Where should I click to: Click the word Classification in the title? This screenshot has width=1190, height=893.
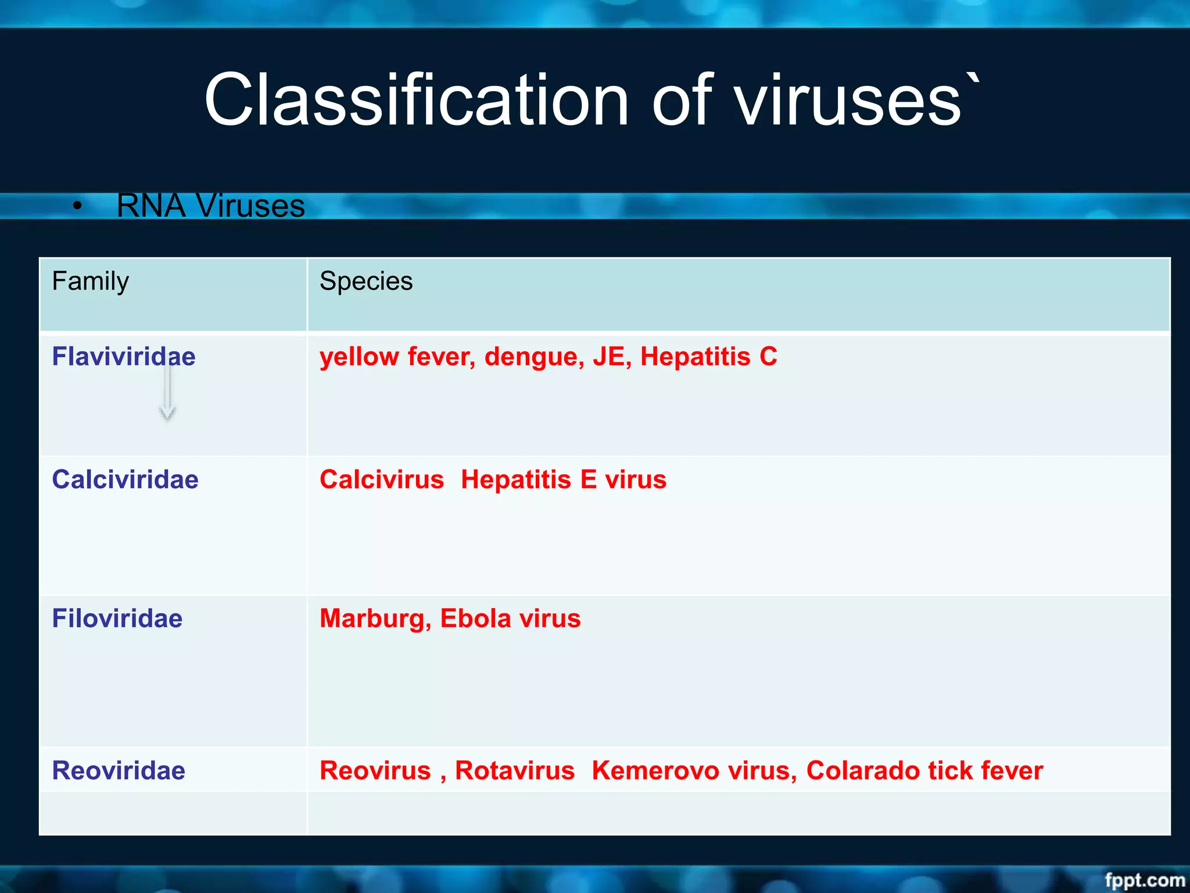tap(416, 100)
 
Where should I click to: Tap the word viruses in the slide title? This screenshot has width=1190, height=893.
tap(849, 100)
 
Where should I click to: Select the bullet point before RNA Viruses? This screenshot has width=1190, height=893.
tap(77, 206)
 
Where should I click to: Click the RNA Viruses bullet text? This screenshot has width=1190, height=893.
tap(210, 206)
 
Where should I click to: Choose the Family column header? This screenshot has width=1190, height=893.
tap(90, 281)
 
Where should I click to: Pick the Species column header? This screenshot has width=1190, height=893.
tap(366, 281)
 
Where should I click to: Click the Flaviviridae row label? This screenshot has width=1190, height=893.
tap(124, 356)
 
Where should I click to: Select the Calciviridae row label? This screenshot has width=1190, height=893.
tap(125, 480)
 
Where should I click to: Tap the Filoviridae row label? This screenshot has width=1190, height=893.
tap(117, 619)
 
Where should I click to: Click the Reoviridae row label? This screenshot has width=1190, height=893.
tap(119, 770)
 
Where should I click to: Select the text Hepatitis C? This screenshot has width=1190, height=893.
tap(708, 356)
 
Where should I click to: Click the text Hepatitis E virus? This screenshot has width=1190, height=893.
tap(564, 480)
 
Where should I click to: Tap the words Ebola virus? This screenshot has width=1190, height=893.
tap(510, 619)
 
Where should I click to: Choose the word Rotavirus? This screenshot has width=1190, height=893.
tap(515, 770)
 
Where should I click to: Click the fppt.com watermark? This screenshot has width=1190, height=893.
tap(1144, 880)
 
